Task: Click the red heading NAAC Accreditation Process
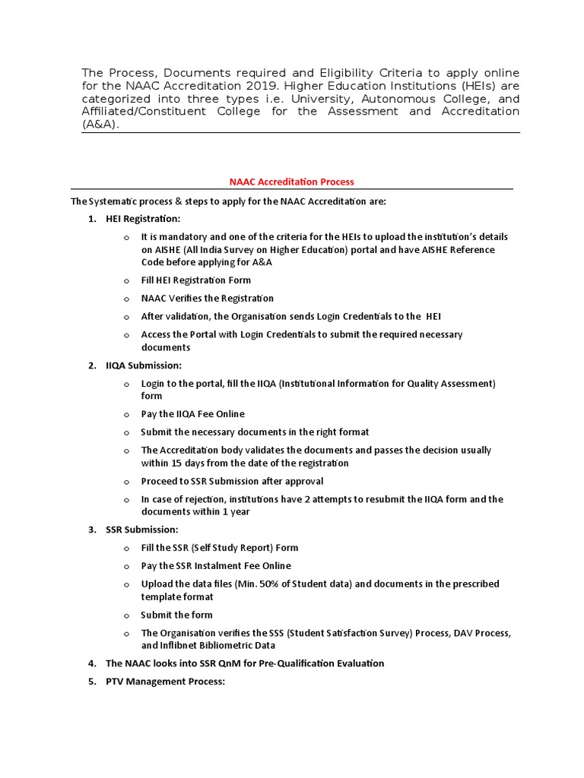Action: coord(292,182)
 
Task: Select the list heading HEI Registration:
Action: coord(143,219)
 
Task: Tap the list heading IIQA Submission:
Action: coord(144,365)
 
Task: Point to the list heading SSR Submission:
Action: coord(142,530)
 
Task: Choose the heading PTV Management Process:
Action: coord(165,682)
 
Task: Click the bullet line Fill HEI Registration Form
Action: coord(195,280)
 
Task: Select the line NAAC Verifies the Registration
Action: coord(207,299)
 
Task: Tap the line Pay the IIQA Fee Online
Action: coord(192,414)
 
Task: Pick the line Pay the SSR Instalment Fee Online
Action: coord(216,566)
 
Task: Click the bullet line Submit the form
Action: coord(176,615)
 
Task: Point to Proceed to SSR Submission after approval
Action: coord(232,481)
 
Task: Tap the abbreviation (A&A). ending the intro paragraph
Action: coord(100,125)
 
